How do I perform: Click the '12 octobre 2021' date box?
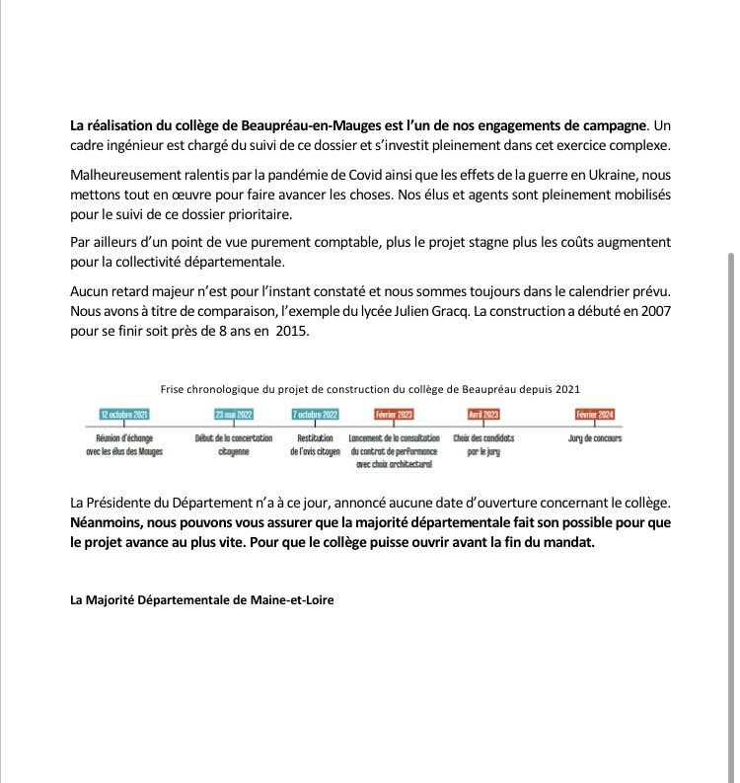125,415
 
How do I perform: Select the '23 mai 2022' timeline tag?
234,415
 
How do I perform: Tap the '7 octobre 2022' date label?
316,415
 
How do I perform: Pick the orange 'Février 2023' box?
395,415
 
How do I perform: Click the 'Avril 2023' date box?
483,415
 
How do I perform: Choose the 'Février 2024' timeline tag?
594,415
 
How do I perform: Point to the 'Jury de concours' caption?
595,437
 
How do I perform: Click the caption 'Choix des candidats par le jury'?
483,443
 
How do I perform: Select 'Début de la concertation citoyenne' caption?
234,443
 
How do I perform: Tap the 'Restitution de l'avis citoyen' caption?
316,443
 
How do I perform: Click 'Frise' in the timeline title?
174,389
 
